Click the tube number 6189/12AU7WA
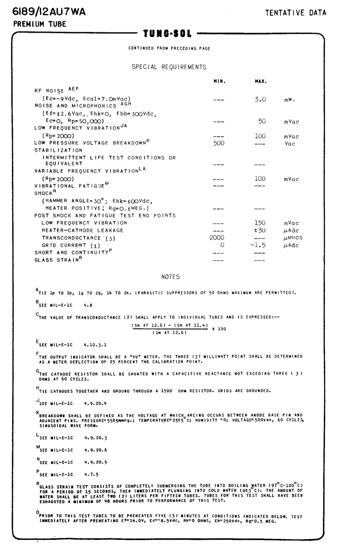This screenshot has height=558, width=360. click(x=49, y=12)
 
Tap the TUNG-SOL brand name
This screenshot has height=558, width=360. click(x=167, y=33)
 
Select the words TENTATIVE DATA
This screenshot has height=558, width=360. click(x=295, y=13)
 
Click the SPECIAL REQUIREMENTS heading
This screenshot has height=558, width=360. click(x=169, y=67)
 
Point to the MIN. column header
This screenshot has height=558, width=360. click(x=220, y=81)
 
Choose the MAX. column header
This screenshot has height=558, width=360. click(x=261, y=81)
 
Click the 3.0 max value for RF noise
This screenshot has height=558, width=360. click(x=260, y=99)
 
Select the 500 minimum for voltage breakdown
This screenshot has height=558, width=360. click(x=219, y=143)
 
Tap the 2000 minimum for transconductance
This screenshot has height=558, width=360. click(x=217, y=237)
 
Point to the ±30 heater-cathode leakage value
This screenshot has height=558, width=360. click(x=259, y=230)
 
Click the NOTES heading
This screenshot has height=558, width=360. click(x=171, y=277)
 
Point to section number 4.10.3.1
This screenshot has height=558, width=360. click(x=95, y=345)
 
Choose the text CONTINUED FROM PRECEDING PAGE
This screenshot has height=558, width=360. click(x=169, y=48)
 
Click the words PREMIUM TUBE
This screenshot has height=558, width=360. click(x=40, y=24)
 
